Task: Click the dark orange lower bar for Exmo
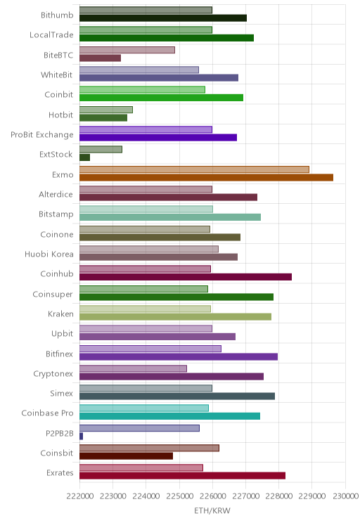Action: [206, 177]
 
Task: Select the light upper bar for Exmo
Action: [194, 169]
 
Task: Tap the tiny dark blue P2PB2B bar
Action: [81, 436]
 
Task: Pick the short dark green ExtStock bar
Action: [85, 157]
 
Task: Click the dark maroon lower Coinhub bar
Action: [186, 277]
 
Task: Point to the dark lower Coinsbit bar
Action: [126, 456]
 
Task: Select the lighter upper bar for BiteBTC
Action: [127, 50]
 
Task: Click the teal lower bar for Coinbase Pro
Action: [170, 416]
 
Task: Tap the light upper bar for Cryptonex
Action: [133, 368]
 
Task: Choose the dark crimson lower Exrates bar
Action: [183, 476]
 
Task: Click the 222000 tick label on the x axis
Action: [79, 496]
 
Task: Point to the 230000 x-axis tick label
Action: [345, 496]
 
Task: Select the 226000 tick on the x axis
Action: [212, 496]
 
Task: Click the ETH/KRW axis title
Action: [212, 510]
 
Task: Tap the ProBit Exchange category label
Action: [42, 135]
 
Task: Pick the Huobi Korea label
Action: [49, 254]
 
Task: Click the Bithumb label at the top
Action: [57, 15]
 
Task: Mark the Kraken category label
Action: [60, 314]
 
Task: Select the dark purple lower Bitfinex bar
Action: [179, 356]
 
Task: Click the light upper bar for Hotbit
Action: [106, 110]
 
